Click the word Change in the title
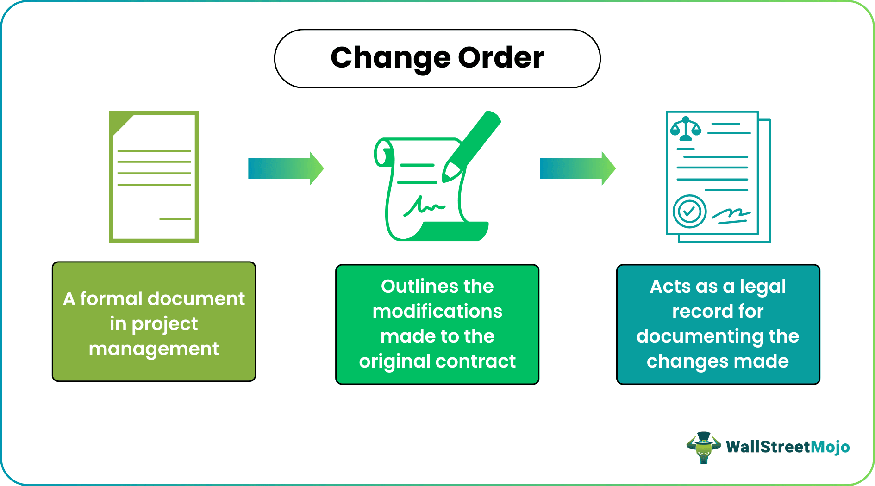click(390, 58)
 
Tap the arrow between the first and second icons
click(286, 168)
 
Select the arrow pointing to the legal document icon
click(577, 168)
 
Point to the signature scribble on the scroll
click(423, 206)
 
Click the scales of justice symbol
click(686, 129)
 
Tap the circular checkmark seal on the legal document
click(689, 212)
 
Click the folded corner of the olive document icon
click(121, 123)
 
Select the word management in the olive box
click(154, 349)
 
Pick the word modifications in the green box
click(437, 311)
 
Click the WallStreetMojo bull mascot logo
click(703, 447)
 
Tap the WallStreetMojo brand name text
click(787, 447)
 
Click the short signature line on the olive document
click(175, 218)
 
